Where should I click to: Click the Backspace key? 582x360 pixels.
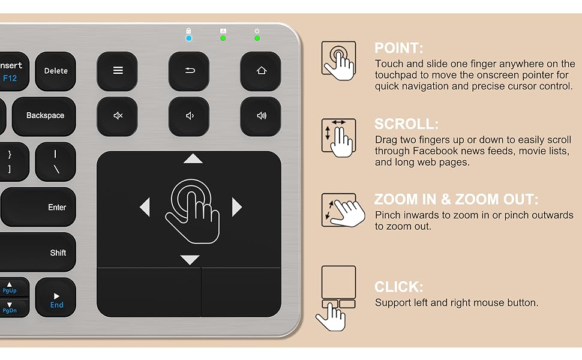pyautogui.click(x=44, y=116)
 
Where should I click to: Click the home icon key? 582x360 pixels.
pyautogui.click(x=261, y=71)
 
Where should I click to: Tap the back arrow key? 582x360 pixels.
pyautogui.click(x=190, y=71)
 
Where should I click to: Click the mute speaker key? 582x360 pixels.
pyautogui.click(x=118, y=116)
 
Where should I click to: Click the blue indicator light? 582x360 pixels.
pyautogui.click(x=188, y=38)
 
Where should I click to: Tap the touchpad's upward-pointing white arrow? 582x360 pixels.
pyautogui.click(x=193, y=159)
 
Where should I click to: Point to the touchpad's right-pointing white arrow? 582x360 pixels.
pyautogui.click(x=237, y=207)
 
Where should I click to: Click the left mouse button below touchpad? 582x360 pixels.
pyautogui.click(x=148, y=292)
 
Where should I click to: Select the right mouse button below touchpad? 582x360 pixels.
pyautogui.click(x=241, y=292)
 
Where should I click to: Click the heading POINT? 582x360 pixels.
pyautogui.click(x=399, y=48)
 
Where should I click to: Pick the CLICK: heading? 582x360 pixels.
pyautogui.click(x=399, y=287)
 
